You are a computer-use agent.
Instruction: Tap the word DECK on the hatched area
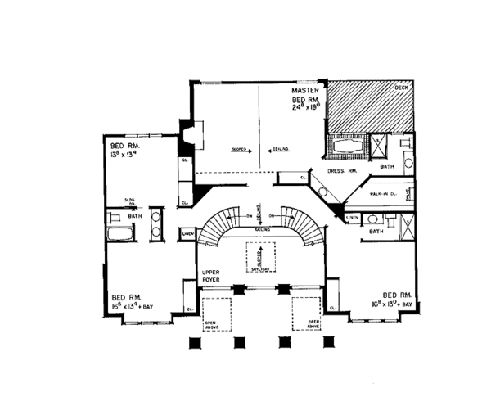[401, 87]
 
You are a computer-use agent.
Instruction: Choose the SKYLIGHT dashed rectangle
[259, 259]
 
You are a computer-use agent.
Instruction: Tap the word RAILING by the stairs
[263, 231]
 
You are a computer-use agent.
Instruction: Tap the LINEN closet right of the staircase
[351, 216]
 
